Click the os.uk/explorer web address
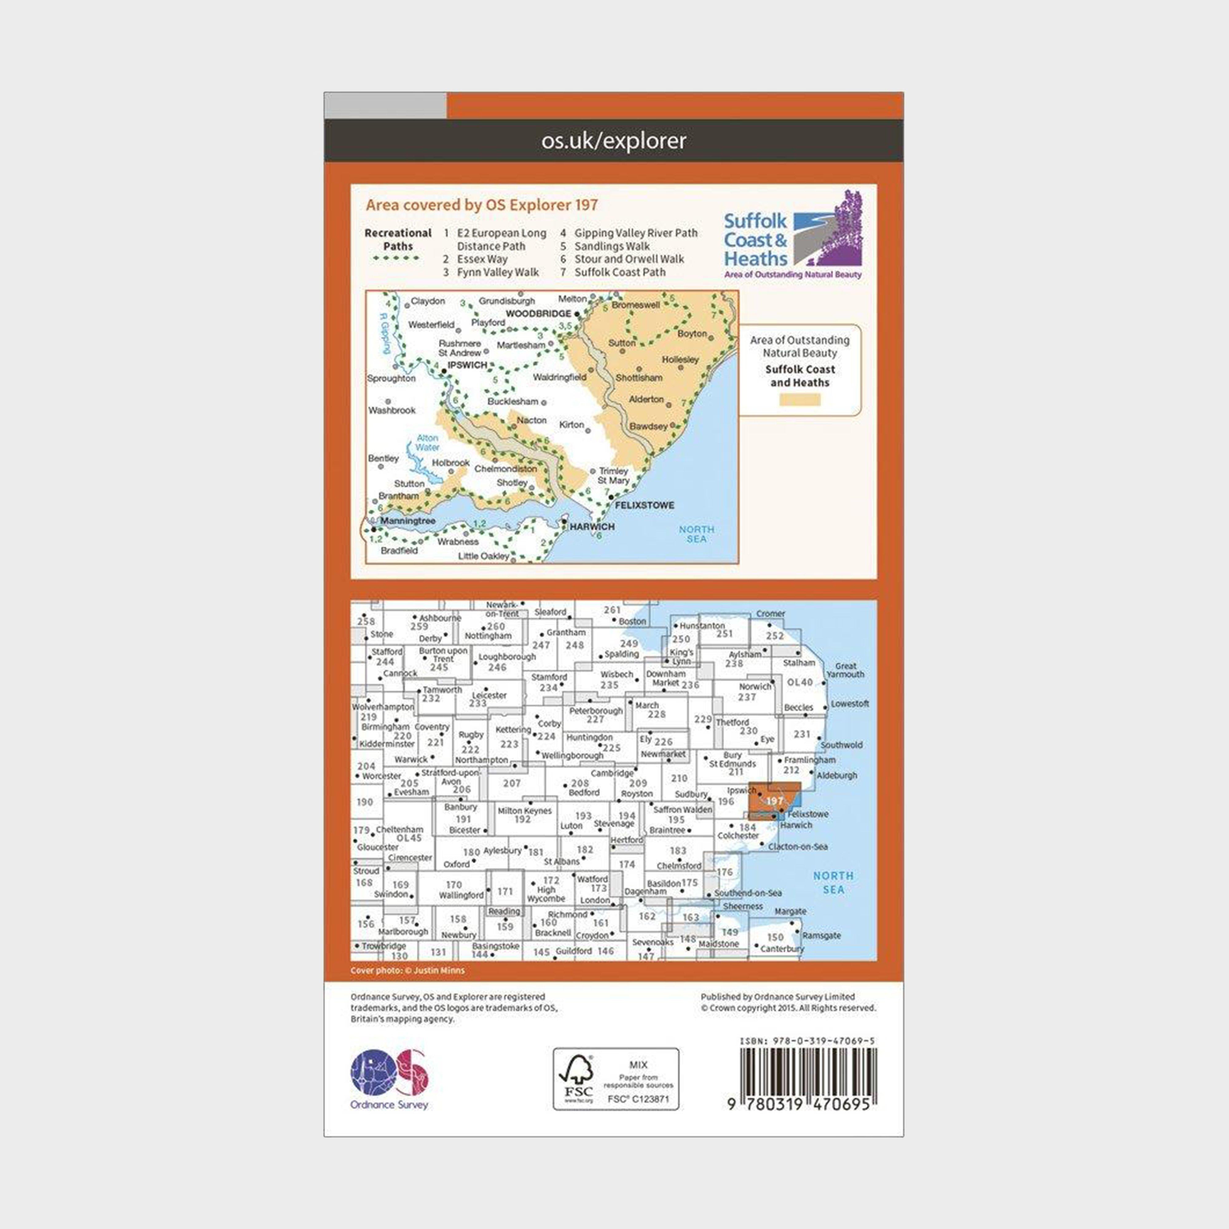614,141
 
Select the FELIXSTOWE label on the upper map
644,505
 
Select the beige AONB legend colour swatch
799,399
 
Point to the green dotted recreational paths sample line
396,258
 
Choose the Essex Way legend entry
481,259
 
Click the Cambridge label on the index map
612,774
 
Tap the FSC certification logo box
615,1079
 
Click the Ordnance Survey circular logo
389,1073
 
